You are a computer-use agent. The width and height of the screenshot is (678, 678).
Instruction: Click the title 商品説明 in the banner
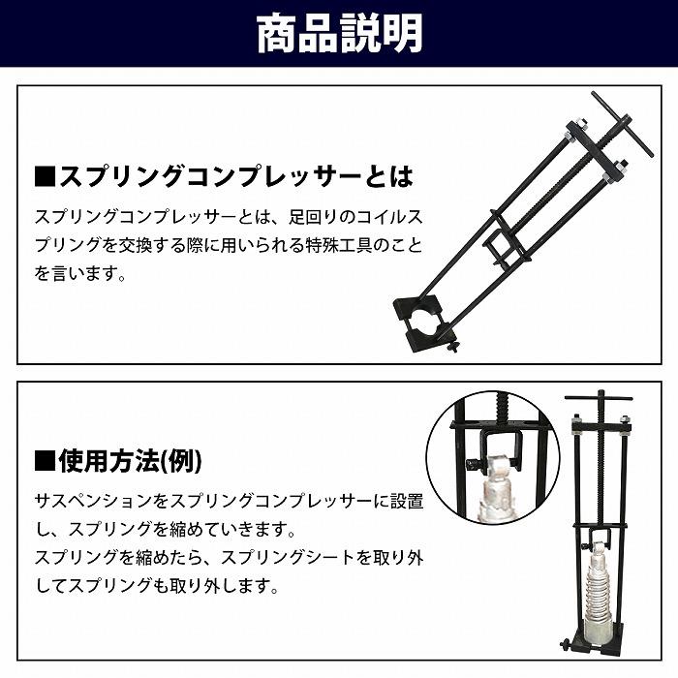pos(339,33)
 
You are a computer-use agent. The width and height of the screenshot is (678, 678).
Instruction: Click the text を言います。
pos(81,274)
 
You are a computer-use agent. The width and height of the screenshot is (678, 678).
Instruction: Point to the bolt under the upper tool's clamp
pos(452,347)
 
